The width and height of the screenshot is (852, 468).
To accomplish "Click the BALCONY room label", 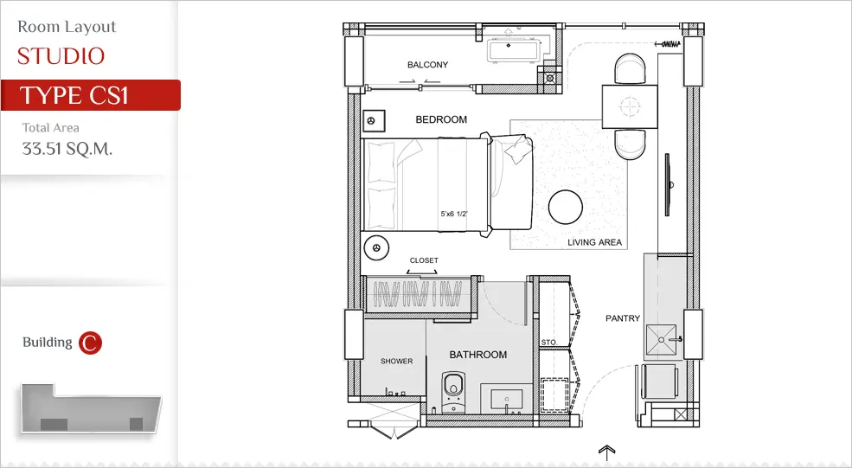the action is point(427,65).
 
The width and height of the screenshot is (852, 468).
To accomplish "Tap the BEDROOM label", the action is point(441,119).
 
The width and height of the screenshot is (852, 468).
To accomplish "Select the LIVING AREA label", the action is point(594,242).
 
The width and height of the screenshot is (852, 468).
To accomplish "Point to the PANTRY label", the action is point(623,318).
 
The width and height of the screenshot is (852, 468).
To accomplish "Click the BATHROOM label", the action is point(478,355).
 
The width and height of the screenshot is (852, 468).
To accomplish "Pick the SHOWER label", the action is point(397,361).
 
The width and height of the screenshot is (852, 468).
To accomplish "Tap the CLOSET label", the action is point(424,260).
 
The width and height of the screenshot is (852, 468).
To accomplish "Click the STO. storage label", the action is point(548,343).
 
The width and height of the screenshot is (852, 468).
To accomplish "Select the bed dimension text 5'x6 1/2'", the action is point(454,215).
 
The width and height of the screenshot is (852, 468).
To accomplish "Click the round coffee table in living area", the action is point(566,207).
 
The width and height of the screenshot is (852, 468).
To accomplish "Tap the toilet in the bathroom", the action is point(453,391).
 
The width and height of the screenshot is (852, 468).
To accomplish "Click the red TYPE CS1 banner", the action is point(91,95).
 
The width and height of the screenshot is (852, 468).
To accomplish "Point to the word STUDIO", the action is point(61,56).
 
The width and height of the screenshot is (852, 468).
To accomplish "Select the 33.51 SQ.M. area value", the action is point(67,149).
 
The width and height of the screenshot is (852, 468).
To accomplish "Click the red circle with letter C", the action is point(90,343).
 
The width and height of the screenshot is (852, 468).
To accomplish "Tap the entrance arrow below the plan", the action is point(606,452).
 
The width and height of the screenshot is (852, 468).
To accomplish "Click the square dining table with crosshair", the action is point(630,106).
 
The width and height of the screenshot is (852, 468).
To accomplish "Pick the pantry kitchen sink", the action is point(662,340).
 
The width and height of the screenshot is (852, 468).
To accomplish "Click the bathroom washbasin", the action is point(506,400).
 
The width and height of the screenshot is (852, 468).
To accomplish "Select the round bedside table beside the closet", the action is point(376,248).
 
